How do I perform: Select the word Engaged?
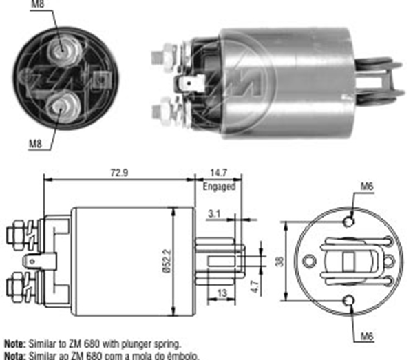click(x=219, y=186)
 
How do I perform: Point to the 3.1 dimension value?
click(x=214, y=214)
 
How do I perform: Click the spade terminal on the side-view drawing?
click(x=30, y=262)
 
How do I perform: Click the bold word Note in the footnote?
click(x=13, y=342)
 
